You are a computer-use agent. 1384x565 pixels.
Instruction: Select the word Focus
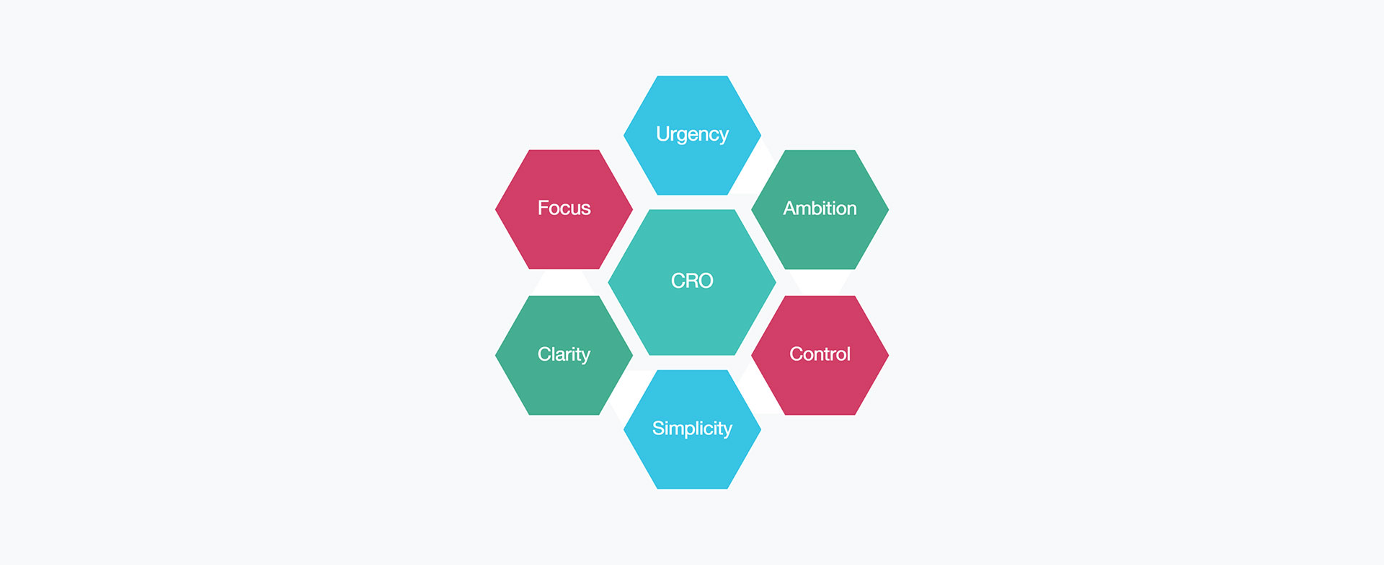pos(564,209)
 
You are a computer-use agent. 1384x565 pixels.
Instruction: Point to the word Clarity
pos(564,354)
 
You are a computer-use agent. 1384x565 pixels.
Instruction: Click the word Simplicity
pos(692,429)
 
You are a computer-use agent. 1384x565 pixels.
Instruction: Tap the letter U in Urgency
pos(662,134)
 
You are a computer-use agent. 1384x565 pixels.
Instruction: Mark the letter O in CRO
pos(704,281)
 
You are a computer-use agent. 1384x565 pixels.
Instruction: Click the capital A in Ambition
pos(790,209)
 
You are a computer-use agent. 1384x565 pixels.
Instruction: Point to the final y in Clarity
pos(585,356)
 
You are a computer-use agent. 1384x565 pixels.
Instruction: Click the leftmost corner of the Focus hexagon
pos(497,209)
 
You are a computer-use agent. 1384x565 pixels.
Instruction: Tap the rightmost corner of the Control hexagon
pos(887,355)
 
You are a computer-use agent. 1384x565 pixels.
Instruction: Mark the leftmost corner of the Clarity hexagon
pos(497,355)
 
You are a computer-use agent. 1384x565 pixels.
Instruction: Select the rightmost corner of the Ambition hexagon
pos(887,209)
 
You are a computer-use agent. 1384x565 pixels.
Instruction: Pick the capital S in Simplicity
pos(658,429)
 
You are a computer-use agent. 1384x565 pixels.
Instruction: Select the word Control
pos(820,354)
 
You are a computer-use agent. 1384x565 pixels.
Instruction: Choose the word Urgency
pos(692,135)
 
